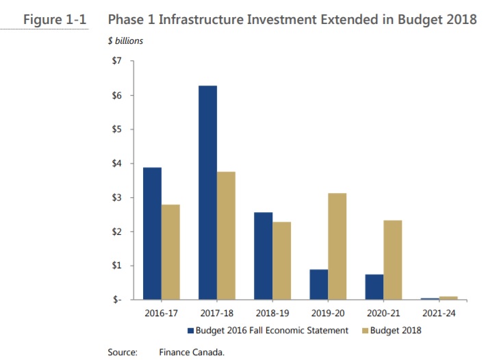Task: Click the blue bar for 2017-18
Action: coord(207,192)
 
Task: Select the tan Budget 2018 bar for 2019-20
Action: coord(337,246)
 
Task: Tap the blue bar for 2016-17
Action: coord(152,233)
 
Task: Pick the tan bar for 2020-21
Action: coord(392,260)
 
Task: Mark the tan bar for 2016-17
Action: coord(170,252)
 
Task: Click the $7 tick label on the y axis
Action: coord(116,62)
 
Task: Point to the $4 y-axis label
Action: coord(116,164)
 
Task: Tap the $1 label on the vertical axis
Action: coord(116,266)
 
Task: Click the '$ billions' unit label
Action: coord(125,41)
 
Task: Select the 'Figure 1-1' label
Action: coord(53,19)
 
